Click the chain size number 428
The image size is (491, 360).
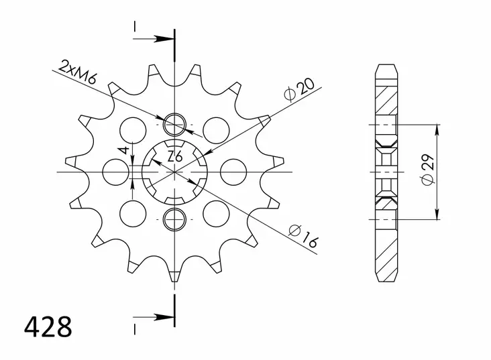click(x=48, y=328)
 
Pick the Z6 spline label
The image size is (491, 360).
click(x=175, y=157)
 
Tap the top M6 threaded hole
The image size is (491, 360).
click(x=175, y=125)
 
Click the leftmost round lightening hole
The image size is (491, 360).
click(x=115, y=171)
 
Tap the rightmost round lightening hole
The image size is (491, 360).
click(x=233, y=171)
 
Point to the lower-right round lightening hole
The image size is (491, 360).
click(x=216, y=213)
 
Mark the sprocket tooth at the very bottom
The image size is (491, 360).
click(x=174, y=278)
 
